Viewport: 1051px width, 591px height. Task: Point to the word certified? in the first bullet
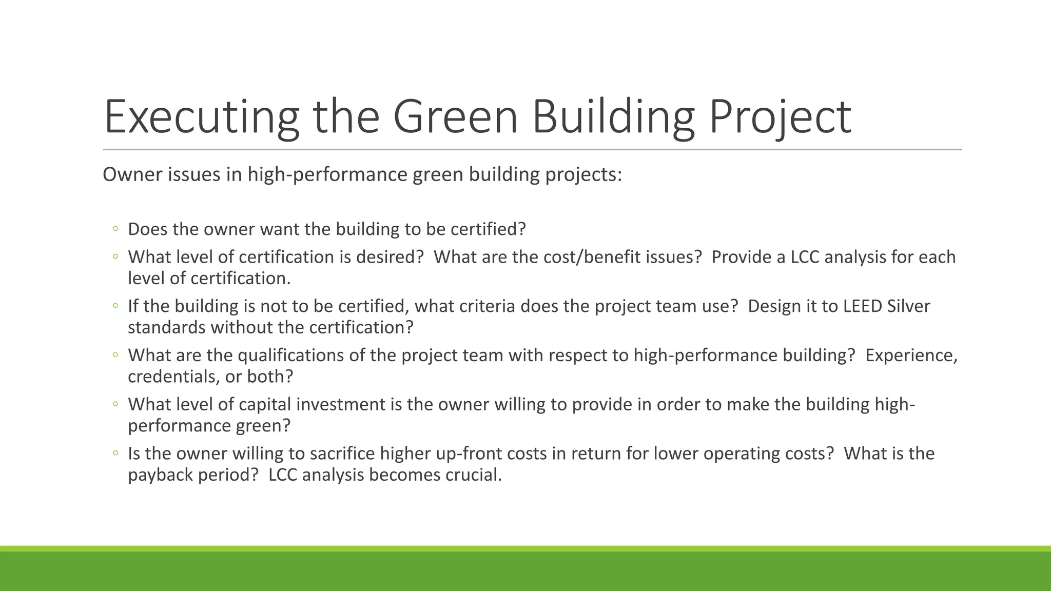(x=488, y=229)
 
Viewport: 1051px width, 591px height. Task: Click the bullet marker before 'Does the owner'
(x=115, y=229)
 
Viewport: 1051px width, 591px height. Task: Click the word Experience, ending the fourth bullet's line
(x=911, y=355)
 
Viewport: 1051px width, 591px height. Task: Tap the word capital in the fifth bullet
(x=265, y=404)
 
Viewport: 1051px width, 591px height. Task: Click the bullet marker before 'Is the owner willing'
(x=115, y=454)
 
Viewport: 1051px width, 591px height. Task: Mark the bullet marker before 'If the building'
(x=115, y=306)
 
